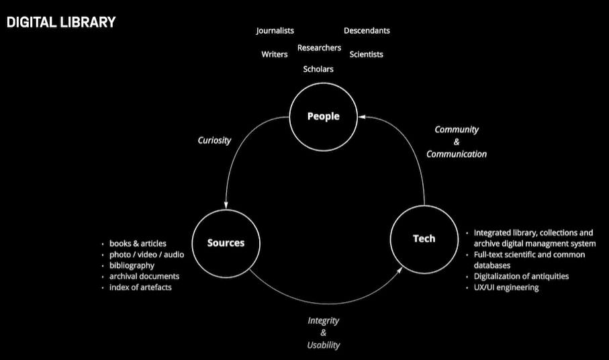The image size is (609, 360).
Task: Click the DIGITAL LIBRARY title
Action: point(61,22)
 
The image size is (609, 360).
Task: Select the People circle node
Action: point(324,116)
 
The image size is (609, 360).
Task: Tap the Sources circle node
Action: point(226,242)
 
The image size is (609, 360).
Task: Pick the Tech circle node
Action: point(424,238)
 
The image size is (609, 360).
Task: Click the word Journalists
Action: point(275,31)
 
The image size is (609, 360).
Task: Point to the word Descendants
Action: point(367,31)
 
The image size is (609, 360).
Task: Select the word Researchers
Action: point(319,48)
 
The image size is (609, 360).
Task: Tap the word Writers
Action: point(275,54)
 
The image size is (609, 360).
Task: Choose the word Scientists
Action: point(366,54)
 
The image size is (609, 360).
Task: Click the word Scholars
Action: point(318,69)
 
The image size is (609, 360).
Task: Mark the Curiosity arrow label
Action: point(214,140)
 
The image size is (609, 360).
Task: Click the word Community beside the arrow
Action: point(457,130)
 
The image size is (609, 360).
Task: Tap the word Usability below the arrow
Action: point(324,345)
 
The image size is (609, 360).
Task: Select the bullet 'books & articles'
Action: point(138,243)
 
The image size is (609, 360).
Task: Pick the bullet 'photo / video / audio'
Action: point(146,255)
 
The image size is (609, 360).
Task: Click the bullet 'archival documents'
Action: point(144,276)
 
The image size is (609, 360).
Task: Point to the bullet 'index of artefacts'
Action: point(140,287)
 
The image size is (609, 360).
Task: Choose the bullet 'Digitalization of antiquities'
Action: point(521,276)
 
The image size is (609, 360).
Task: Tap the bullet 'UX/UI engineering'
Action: point(506,287)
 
